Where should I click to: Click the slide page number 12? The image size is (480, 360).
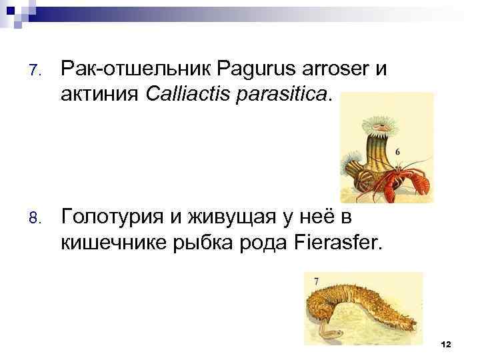[446, 343]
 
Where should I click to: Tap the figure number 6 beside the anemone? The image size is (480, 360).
[398, 152]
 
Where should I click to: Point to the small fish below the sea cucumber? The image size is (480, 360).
[331, 331]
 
